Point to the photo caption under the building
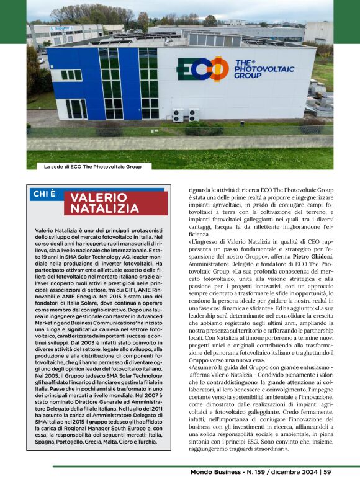92,167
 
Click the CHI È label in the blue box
44,194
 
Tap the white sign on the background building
60,29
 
